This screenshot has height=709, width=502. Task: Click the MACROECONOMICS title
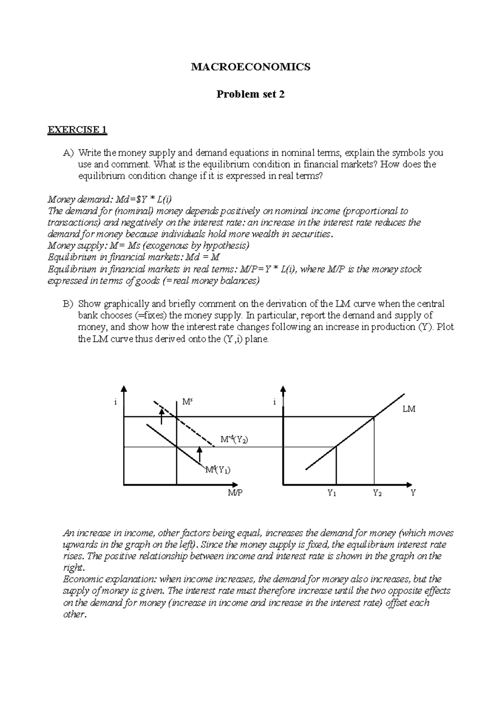pyautogui.click(x=251, y=67)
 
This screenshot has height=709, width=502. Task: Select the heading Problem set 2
pyautogui.click(x=250, y=94)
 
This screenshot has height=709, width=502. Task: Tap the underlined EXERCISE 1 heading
pyautogui.click(x=77, y=130)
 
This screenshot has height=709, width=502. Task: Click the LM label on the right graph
pyautogui.click(x=409, y=409)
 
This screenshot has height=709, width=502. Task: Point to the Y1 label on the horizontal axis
pyautogui.click(x=332, y=493)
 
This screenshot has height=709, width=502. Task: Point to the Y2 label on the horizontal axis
pyautogui.click(x=377, y=493)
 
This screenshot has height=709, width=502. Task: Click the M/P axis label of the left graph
pyautogui.click(x=235, y=493)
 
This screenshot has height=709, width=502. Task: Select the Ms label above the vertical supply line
pyautogui.click(x=187, y=402)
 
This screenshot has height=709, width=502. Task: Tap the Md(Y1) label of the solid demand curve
pyautogui.click(x=217, y=470)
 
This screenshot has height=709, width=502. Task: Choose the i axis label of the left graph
pyautogui.click(x=115, y=402)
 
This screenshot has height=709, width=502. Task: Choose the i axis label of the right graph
pyautogui.click(x=274, y=402)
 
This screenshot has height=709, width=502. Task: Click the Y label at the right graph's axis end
pyautogui.click(x=413, y=493)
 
